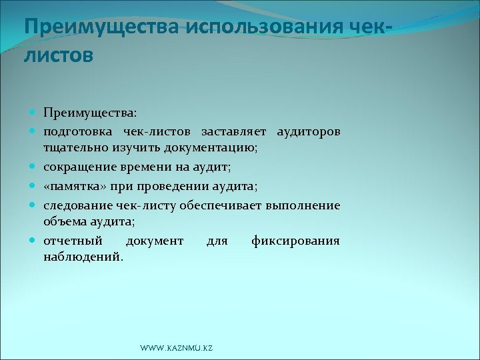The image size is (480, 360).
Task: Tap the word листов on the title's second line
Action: (x=59, y=55)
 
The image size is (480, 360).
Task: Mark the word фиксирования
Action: (x=295, y=241)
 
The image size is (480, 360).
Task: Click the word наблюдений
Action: (x=83, y=256)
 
